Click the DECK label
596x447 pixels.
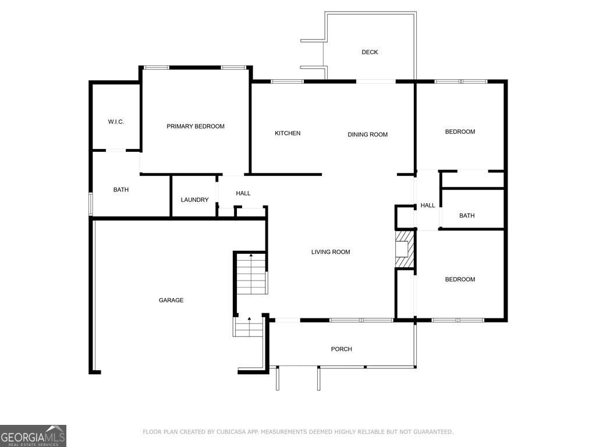(370, 52)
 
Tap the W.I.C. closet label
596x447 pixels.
(116, 122)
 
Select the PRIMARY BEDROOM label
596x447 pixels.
(196, 126)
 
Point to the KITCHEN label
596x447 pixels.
(288, 133)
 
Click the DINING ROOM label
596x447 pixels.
(368, 134)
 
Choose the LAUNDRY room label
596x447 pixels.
(194, 200)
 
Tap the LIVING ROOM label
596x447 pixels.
(331, 251)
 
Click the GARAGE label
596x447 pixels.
(171, 300)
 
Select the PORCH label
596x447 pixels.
(341, 349)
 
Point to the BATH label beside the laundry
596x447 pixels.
(121, 190)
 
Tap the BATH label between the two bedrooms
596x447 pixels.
(467, 215)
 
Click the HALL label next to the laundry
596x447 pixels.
(243, 193)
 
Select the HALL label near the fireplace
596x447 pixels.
(428, 205)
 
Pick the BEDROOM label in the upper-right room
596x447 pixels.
(460, 132)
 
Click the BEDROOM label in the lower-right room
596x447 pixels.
(460, 279)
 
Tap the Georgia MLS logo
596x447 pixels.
(33, 436)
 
